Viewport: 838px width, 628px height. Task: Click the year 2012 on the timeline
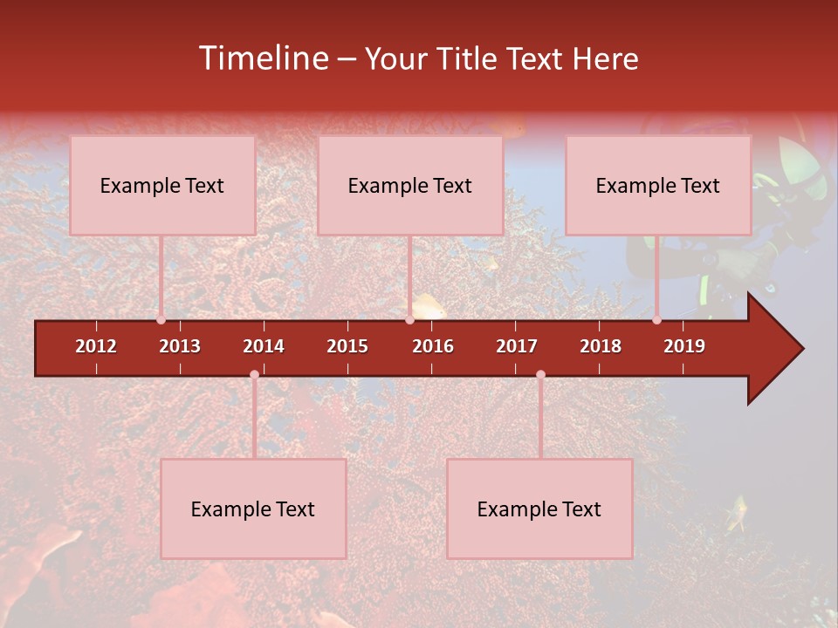pyautogui.click(x=96, y=346)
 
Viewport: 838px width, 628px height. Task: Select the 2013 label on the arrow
pyautogui.click(x=180, y=346)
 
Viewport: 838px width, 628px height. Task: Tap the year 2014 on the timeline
pyautogui.click(x=264, y=346)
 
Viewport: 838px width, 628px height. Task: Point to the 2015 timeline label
pyautogui.click(x=347, y=346)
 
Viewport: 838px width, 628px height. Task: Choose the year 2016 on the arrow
pyautogui.click(x=433, y=346)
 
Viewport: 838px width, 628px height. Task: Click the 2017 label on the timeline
pyautogui.click(x=517, y=346)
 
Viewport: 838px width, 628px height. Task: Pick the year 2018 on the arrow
pyautogui.click(x=601, y=346)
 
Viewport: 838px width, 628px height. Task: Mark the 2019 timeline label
pyautogui.click(x=684, y=346)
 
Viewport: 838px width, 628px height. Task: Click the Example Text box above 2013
pyautogui.click(x=162, y=185)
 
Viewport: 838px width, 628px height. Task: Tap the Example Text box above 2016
pyautogui.click(x=410, y=185)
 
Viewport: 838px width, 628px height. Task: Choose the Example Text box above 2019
pyautogui.click(x=658, y=185)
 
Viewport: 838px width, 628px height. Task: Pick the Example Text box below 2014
pyautogui.click(x=253, y=509)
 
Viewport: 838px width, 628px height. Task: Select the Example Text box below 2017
pyautogui.click(x=539, y=509)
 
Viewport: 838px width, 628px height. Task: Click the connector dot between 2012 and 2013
pyautogui.click(x=161, y=320)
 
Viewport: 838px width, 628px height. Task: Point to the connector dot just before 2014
pyautogui.click(x=254, y=375)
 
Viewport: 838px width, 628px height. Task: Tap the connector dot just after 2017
pyautogui.click(x=540, y=375)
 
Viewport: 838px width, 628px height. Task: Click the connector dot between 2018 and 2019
pyautogui.click(x=657, y=320)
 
